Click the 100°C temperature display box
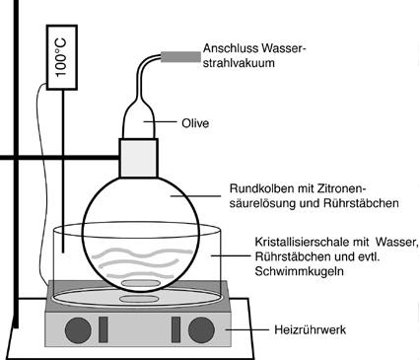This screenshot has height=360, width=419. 62,57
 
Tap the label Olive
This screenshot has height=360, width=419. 195,123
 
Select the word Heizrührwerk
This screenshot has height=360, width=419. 310,329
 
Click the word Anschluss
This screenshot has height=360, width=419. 231,48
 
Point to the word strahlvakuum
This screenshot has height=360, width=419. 239,63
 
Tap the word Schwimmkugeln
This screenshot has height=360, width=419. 299,271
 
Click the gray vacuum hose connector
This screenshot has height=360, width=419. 180,57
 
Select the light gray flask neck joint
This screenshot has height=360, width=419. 138,158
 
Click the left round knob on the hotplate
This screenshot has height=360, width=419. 78,330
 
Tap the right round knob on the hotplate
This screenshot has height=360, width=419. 201,329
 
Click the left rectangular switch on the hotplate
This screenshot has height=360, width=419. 104,329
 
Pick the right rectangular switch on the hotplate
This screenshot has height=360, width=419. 176,329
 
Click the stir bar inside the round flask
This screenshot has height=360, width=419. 141,283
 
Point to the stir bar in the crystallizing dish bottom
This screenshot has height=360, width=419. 138,299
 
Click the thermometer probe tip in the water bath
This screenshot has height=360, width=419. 62,252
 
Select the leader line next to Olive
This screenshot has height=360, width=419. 160,122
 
